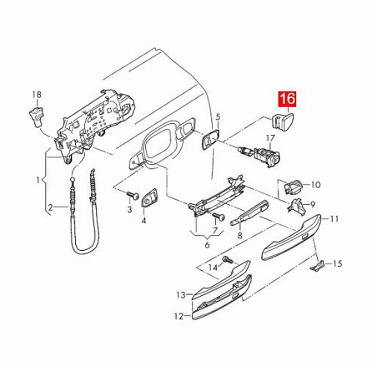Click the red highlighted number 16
pyautogui.click(x=288, y=99)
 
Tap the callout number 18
pyautogui.click(x=37, y=94)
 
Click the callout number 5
pyautogui.click(x=218, y=116)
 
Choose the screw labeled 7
pyautogui.click(x=217, y=217)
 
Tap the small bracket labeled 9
pyautogui.click(x=296, y=204)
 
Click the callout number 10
pyautogui.click(x=316, y=185)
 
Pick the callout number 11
pyautogui.click(x=334, y=218)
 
